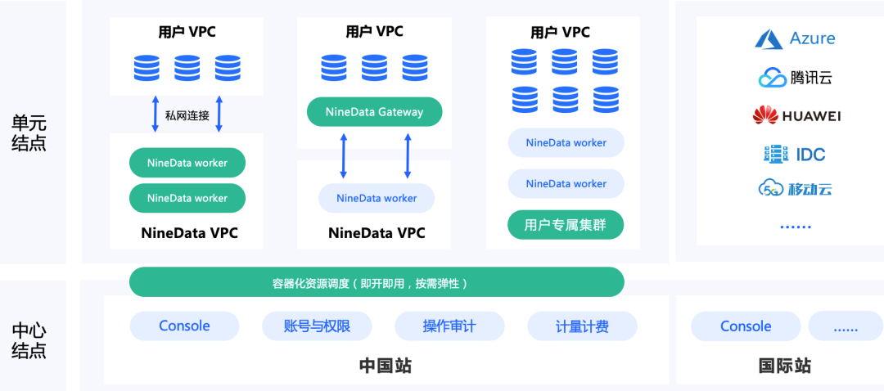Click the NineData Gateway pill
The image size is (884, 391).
374,112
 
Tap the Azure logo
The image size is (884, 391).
795,38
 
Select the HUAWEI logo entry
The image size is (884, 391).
796,116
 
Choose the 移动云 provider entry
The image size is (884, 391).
795,189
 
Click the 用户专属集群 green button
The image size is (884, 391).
566,225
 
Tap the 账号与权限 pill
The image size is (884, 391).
317,326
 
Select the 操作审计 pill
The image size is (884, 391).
449,326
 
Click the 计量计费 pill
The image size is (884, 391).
582,326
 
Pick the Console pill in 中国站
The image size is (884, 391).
184,326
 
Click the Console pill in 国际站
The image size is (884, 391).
746,326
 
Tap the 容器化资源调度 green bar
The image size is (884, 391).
377,283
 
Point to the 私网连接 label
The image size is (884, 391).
187,115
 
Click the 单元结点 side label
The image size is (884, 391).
29,133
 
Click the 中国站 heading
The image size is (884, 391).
386,366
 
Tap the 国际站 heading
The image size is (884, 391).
785,366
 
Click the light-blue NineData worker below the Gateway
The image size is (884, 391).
377,198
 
